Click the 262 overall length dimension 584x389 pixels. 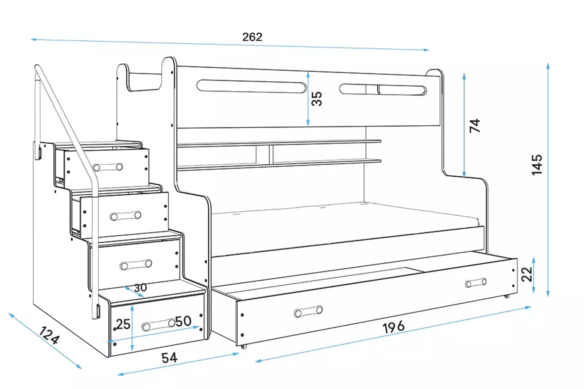tap(252, 37)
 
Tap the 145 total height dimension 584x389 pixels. tap(536, 164)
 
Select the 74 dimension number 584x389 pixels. tap(475, 126)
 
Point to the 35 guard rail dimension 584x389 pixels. tap(316, 99)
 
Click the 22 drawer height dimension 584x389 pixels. tap(527, 274)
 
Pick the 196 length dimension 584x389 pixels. tap(393, 327)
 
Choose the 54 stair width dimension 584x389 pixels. tap(169, 357)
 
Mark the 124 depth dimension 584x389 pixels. tap(49, 335)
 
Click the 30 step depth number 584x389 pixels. tap(140, 288)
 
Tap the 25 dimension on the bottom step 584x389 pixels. tap(123, 324)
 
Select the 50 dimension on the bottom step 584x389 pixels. tap(183, 321)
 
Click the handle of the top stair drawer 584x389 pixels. tap(108, 167)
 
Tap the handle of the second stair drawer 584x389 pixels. tap(126, 216)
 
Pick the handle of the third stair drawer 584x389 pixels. tap(136, 265)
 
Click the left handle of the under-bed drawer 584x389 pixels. tap(308, 312)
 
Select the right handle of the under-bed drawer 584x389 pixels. tap(476, 283)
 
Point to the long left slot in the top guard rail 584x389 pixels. tap(252, 86)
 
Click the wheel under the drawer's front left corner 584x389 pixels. tap(243, 346)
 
